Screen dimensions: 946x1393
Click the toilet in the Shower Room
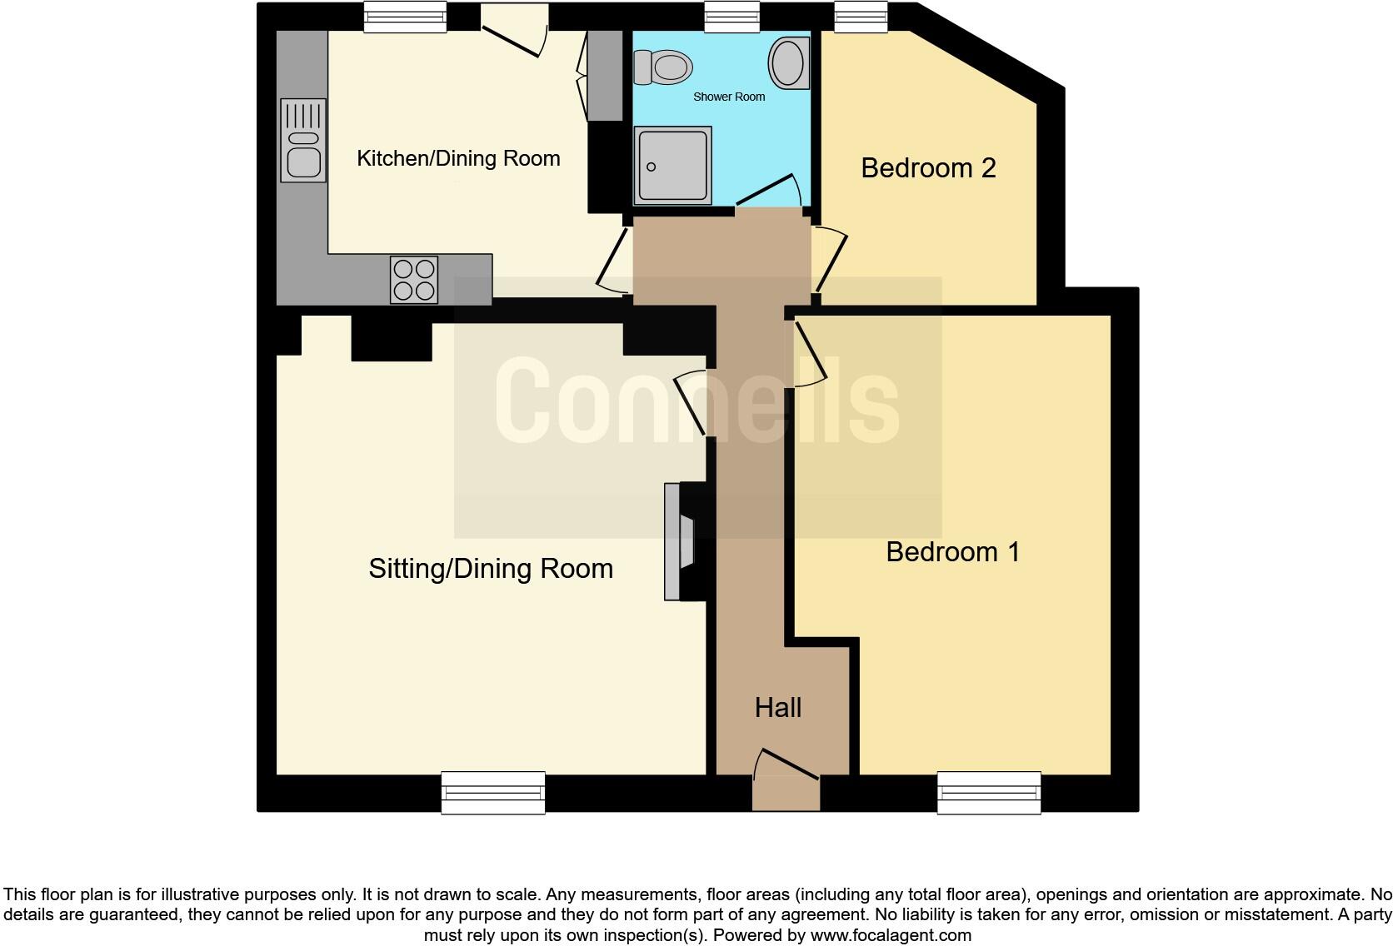coord(664,67)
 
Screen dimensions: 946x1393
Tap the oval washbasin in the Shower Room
coord(788,62)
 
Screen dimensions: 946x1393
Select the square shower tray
coord(672,165)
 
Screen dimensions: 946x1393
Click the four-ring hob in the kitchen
coord(414,280)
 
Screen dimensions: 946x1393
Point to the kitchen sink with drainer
coord(303,140)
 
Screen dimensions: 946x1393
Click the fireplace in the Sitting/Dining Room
coord(681,541)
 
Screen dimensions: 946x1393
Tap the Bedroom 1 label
coord(952,551)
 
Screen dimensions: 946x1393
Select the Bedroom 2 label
coord(928,167)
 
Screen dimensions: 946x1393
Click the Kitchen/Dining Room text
coord(458,158)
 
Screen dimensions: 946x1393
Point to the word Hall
coord(777,707)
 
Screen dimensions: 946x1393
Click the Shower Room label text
coord(729,97)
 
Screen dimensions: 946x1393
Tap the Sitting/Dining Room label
coord(491,568)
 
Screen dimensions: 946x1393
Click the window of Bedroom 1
coord(989,792)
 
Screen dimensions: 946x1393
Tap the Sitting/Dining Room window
coord(493,792)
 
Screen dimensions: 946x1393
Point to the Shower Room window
coord(731,16)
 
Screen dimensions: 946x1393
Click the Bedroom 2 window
coord(861,16)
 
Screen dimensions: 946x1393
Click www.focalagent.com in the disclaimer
coord(891,935)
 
